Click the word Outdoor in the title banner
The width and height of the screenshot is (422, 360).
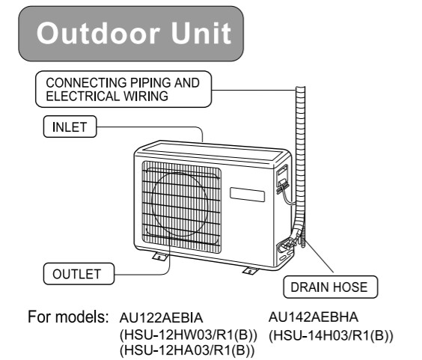click(97, 34)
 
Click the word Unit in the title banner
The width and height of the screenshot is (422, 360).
click(201, 33)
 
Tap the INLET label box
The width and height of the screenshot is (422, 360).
click(70, 126)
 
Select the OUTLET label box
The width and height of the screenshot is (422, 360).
click(79, 274)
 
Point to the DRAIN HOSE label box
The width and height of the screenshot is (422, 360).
click(330, 287)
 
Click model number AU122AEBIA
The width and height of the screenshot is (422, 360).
click(161, 318)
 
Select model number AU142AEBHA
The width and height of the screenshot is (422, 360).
click(314, 317)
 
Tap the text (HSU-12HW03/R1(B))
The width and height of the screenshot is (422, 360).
click(189, 335)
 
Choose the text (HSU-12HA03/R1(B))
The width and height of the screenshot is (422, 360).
click(187, 350)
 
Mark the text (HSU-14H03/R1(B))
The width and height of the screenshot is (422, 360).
click(331, 335)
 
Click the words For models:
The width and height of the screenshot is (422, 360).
click(68, 317)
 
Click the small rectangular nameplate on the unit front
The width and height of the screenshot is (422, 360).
click(247, 195)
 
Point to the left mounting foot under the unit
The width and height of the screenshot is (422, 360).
click(160, 257)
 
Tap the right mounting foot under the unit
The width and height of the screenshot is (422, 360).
click(251, 271)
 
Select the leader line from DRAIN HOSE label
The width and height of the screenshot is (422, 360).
click(319, 256)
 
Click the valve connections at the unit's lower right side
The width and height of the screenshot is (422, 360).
click(286, 245)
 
